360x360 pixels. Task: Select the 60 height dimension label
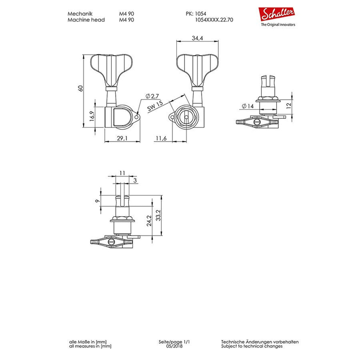tap(80, 88)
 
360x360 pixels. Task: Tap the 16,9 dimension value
tap(92, 116)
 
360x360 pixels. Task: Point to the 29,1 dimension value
tap(122, 138)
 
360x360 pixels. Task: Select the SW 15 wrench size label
tap(155, 106)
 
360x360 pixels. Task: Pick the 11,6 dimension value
tap(161, 138)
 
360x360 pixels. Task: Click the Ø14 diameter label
tap(248, 106)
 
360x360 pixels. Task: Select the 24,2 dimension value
tap(149, 221)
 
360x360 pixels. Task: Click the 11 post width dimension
tap(122, 173)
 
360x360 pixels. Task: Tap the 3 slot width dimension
tap(135, 180)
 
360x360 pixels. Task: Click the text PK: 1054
tap(196, 14)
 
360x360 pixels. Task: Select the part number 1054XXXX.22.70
tap(214, 20)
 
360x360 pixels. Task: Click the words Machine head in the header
tap(86, 20)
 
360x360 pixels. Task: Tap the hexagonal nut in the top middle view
tap(186, 117)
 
